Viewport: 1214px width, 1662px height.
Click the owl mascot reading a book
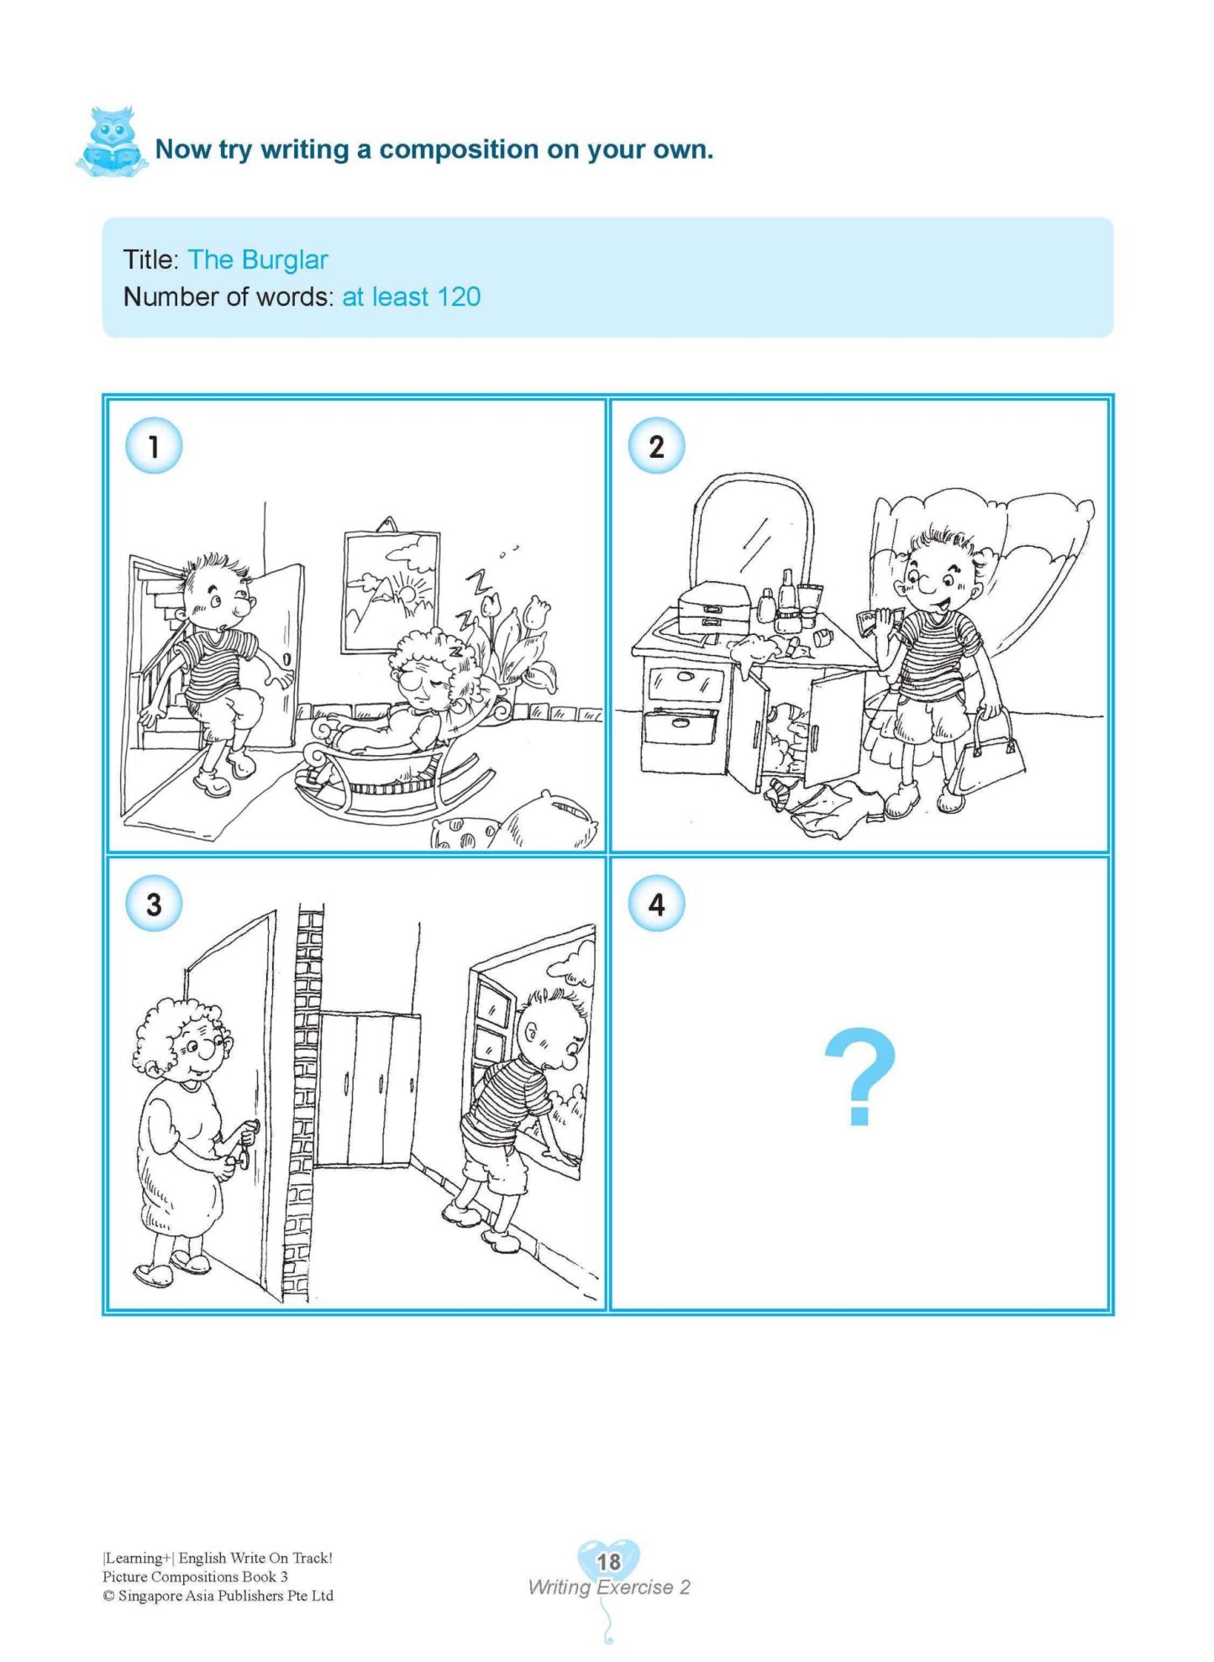click(x=111, y=142)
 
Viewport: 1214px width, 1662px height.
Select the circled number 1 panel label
click(x=154, y=446)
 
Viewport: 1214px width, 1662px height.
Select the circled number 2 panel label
click(x=656, y=446)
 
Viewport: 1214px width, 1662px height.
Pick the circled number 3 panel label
click(x=154, y=904)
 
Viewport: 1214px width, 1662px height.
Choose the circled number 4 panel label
click(x=656, y=904)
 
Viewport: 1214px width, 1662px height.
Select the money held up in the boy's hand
click(x=877, y=623)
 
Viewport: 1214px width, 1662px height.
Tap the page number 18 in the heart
click(x=608, y=1561)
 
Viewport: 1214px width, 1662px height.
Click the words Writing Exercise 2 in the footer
click(x=608, y=1587)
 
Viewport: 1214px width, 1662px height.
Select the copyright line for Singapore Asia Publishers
click(x=218, y=1596)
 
